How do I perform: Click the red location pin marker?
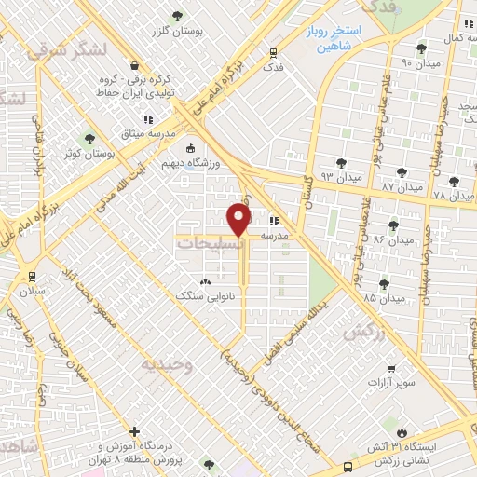point(240,220)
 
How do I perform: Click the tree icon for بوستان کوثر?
point(89,138)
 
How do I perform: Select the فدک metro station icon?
point(272,53)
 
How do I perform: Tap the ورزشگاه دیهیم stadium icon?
point(192,149)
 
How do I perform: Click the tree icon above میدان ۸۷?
point(402,172)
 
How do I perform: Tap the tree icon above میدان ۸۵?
point(383,283)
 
